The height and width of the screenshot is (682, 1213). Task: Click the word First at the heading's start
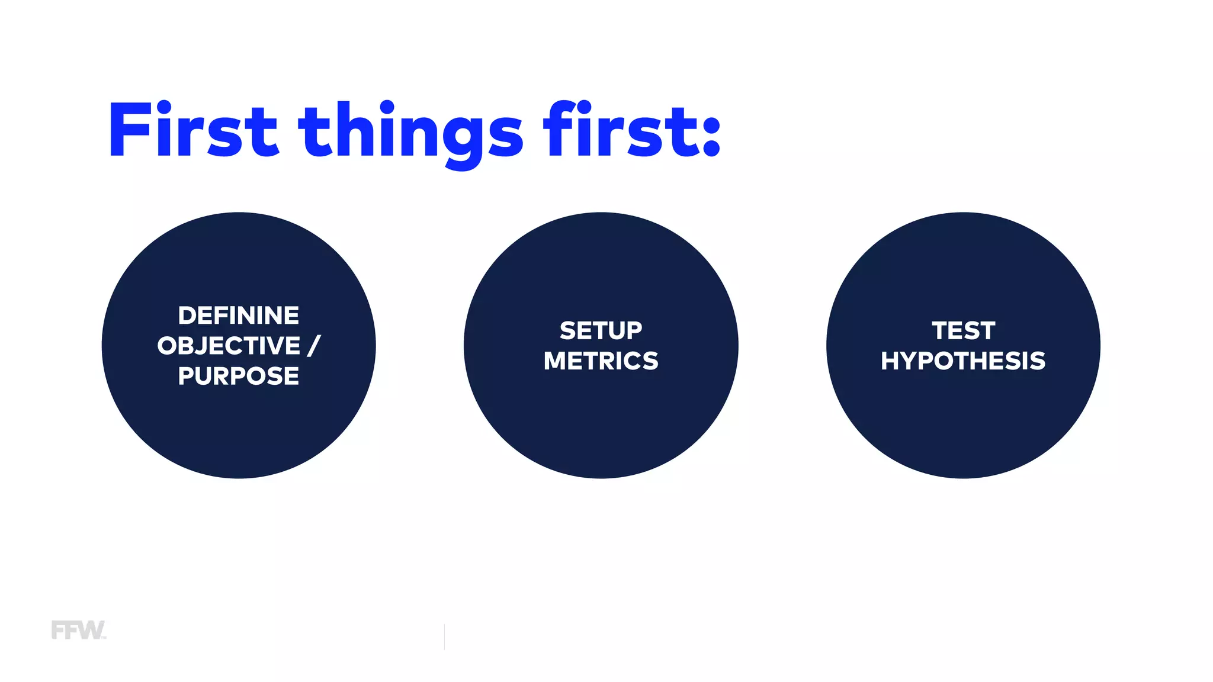192,130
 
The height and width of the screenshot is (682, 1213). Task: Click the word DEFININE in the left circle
239,316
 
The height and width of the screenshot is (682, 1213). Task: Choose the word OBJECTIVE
229,346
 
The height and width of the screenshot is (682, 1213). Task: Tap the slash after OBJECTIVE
314,346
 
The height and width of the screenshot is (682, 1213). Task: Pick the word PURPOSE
239,376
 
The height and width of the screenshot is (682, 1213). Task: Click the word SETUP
601,330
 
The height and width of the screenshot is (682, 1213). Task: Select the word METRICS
601,361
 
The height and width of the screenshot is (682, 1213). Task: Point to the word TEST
963,330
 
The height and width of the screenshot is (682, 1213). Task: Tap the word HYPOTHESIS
963,361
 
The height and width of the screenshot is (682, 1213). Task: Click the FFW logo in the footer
78,630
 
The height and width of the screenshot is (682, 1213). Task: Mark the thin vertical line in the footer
444,636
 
